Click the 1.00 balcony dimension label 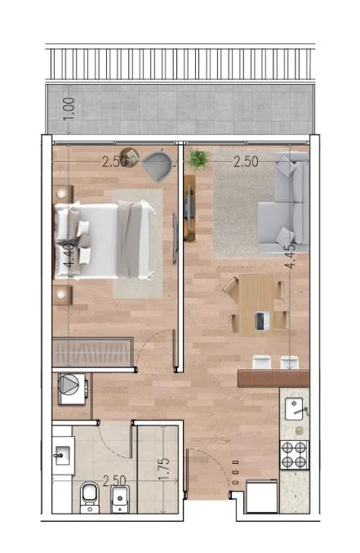pyautogui.click(x=69, y=109)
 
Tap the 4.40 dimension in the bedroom pyautogui.click(x=69, y=256)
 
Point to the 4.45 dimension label pyautogui.click(x=290, y=256)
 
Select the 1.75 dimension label pyautogui.click(x=164, y=470)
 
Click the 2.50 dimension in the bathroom pyautogui.click(x=114, y=481)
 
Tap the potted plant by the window pyautogui.click(x=198, y=159)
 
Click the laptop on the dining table pyautogui.click(x=261, y=321)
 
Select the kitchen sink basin pyautogui.click(x=293, y=408)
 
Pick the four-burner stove pyautogui.click(x=295, y=455)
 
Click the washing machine pyautogui.click(x=73, y=389)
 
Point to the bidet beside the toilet pyautogui.click(x=120, y=499)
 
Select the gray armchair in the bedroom pyautogui.click(x=158, y=165)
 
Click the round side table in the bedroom pyautogui.click(x=129, y=157)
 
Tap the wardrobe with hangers pyautogui.click(x=92, y=353)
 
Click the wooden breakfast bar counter pyautogui.click(x=273, y=378)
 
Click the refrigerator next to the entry pyautogui.click(x=261, y=496)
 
